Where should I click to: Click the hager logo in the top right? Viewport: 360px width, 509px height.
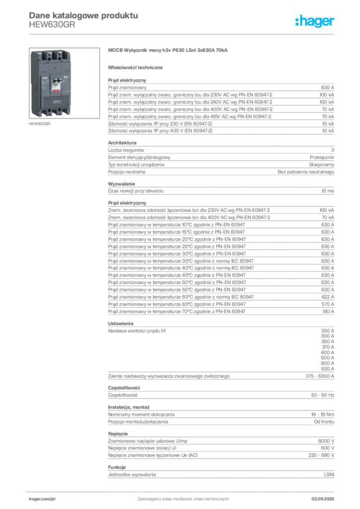click(314, 21)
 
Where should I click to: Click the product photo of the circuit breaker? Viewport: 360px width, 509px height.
click(64, 83)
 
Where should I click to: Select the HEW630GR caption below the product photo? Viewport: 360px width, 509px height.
click(40, 124)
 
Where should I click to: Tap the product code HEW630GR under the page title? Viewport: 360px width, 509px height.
click(52, 25)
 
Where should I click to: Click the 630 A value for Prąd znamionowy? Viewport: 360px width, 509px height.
click(328, 87)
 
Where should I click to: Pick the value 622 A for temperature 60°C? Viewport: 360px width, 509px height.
click(328, 297)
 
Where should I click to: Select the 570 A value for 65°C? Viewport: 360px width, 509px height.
click(328, 304)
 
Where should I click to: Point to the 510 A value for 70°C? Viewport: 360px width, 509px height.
click(328, 311)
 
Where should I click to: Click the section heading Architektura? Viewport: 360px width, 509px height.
click(122, 143)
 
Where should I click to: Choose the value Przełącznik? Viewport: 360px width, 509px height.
click(322, 158)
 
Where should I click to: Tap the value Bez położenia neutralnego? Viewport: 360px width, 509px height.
click(306, 171)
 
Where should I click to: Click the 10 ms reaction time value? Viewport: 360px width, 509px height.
click(328, 191)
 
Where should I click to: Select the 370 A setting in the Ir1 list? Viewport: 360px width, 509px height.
click(328, 347)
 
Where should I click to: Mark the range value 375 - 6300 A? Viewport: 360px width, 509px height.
click(320, 376)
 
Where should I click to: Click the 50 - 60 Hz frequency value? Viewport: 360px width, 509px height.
click(323, 395)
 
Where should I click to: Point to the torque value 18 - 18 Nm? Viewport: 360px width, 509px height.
click(322, 415)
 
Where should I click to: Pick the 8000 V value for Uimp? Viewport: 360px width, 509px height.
click(326, 441)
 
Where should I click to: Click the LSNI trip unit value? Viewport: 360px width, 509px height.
click(329, 475)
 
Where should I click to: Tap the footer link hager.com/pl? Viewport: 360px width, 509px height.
click(42, 499)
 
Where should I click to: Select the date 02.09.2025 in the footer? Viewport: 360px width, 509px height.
click(323, 499)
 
